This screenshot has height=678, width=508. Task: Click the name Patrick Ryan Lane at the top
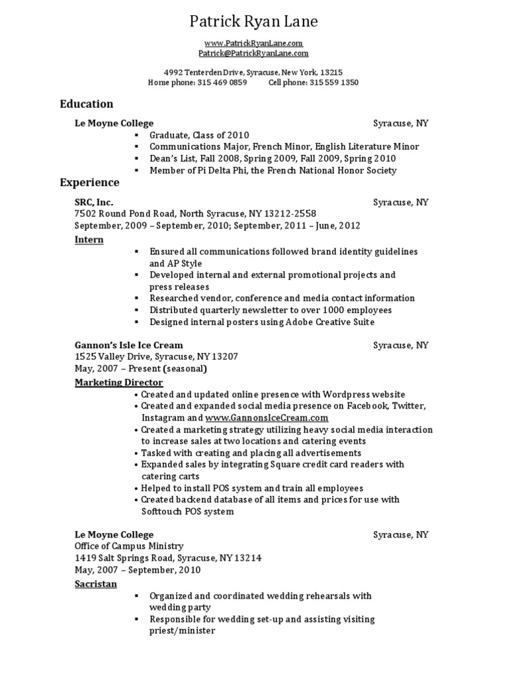click(254, 22)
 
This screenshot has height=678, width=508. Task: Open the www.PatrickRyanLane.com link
click(253, 43)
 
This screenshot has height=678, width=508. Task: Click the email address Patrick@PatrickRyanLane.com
click(253, 53)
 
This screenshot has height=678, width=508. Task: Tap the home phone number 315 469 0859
click(222, 83)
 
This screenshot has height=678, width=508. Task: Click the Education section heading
click(87, 104)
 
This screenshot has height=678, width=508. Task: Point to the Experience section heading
click(89, 183)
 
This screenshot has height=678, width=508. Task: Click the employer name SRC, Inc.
click(94, 202)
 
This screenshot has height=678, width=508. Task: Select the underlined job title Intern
click(89, 240)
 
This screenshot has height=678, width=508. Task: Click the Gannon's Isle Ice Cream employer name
click(129, 345)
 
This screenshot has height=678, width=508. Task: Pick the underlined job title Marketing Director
click(118, 383)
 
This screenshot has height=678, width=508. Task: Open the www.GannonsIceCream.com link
click(267, 418)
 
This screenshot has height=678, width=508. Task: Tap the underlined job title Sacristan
click(95, 584)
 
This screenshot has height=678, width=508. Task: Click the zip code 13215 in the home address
click(331, 72)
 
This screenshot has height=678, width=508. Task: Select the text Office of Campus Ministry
click(129, 546)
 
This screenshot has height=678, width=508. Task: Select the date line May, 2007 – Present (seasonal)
click(141, 369)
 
